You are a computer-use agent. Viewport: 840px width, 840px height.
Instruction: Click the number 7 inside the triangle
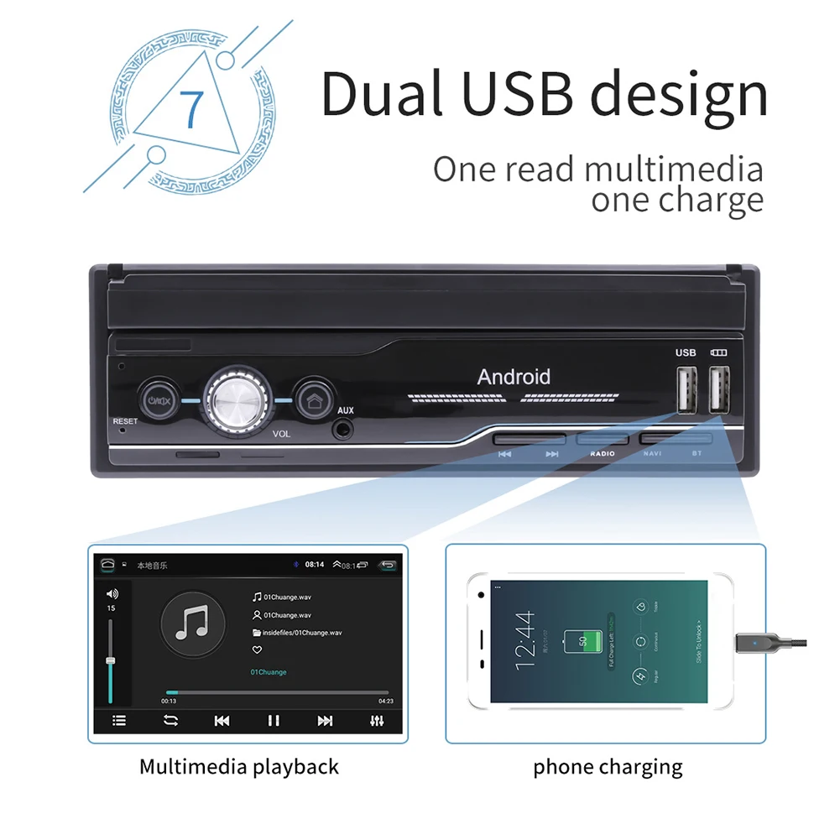pos(192,108)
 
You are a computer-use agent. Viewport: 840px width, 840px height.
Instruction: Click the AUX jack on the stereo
pos(343,429)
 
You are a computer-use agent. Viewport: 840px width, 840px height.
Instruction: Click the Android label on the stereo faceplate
pos(514,377)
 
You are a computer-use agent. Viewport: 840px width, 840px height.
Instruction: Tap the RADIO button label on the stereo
pos(602,453)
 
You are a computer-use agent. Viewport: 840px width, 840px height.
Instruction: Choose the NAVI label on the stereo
pos(652,453)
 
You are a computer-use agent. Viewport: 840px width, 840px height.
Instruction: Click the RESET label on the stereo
pos(125,421)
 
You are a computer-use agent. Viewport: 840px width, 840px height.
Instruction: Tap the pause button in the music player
pos(274,720)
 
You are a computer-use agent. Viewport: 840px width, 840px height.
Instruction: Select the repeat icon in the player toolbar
pos(170,720)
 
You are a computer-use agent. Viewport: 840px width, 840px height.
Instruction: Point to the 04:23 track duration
pos(386,701)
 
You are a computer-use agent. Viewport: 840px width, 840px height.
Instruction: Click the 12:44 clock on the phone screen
pos(524,639)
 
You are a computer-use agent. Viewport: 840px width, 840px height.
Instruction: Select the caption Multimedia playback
pos(239,766)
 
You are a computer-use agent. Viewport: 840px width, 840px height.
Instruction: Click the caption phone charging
pos(608,766)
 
